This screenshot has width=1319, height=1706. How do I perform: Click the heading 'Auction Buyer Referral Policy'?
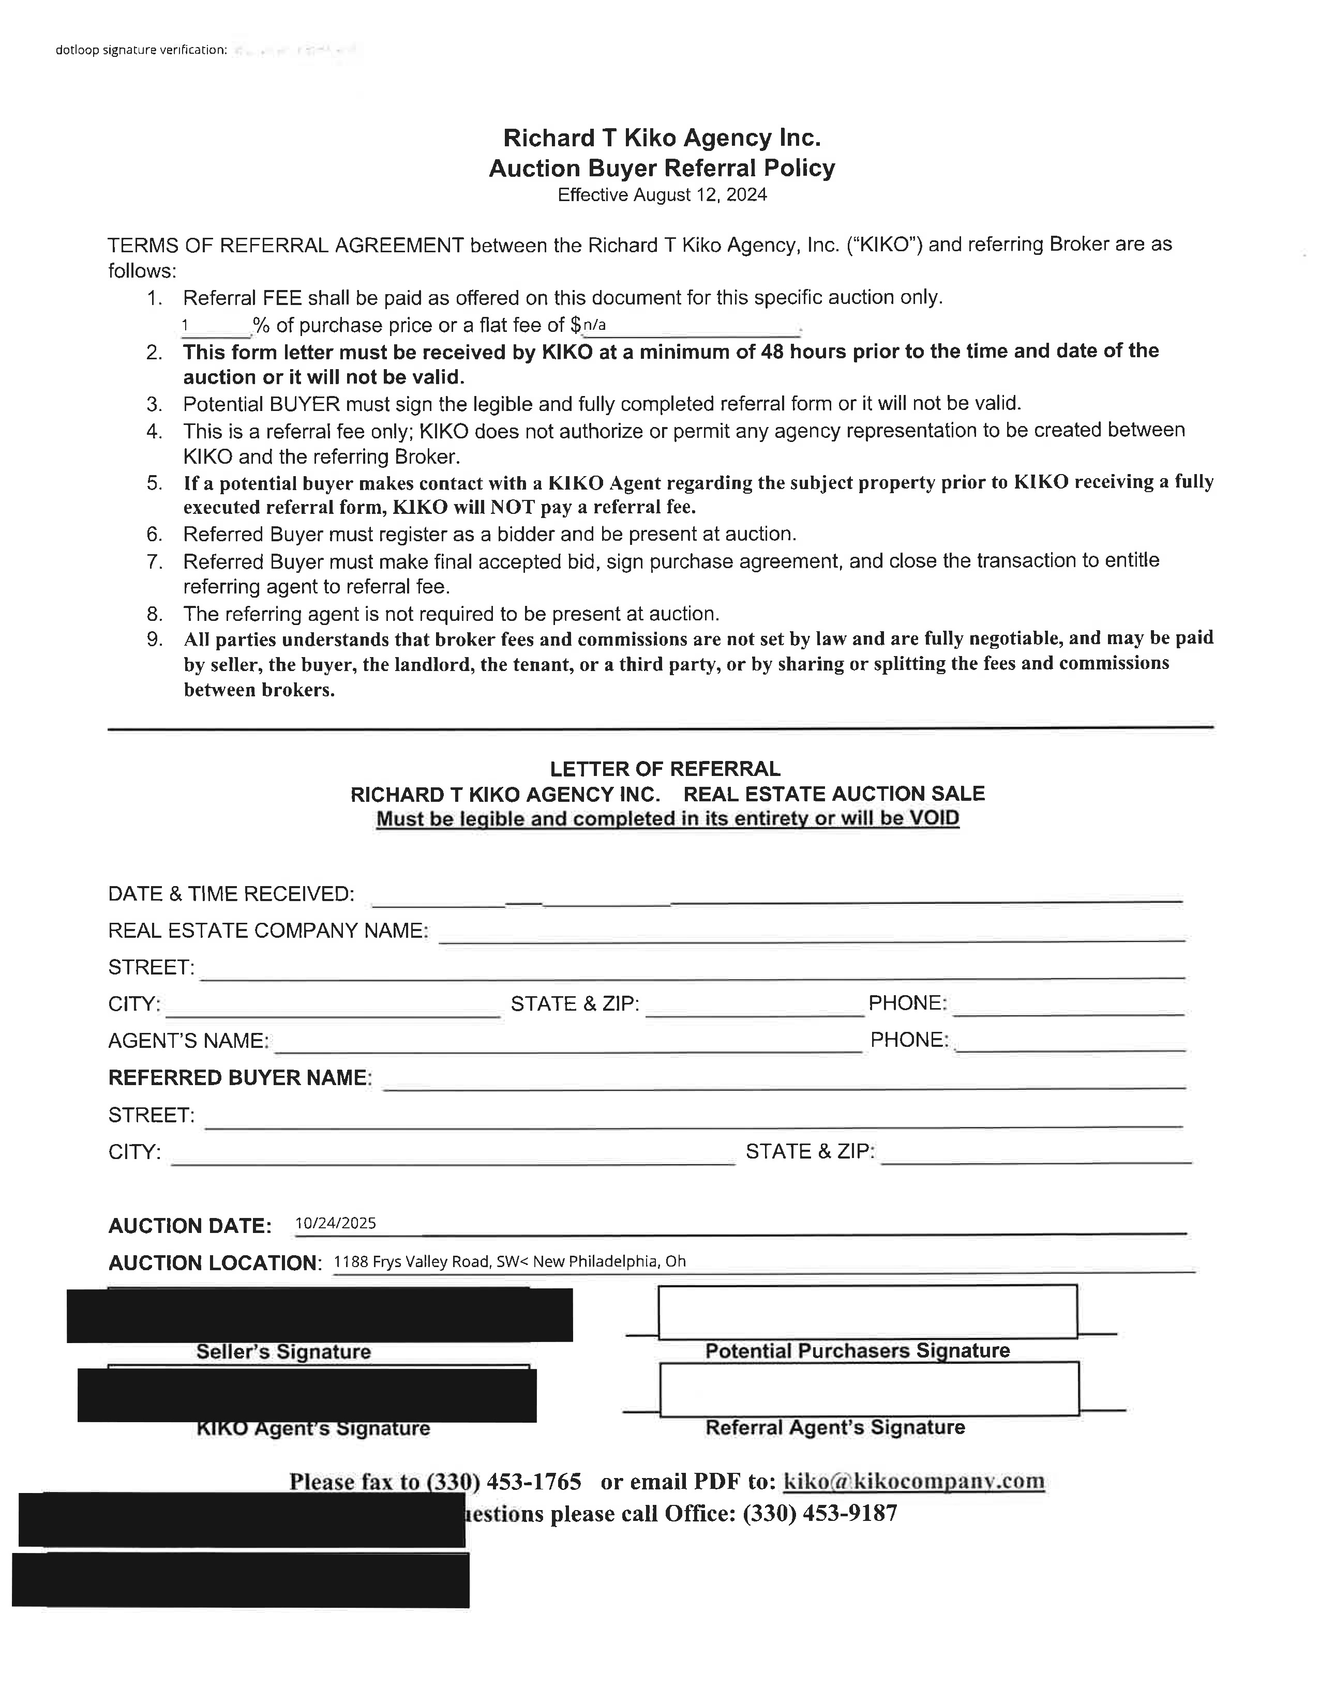[662, 168]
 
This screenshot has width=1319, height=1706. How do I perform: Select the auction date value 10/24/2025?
[335, 1223]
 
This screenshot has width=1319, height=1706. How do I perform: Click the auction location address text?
[509, 1261]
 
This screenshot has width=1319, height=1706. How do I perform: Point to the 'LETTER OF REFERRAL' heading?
[665, 769]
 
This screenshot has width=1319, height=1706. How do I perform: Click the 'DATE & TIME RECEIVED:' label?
[231, 894]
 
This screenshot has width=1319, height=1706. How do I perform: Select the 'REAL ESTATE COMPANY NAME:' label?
[268, 931]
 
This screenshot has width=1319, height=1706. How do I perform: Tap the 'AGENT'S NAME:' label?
[188, 1041]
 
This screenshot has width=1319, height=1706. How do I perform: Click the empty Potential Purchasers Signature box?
[867, 1312]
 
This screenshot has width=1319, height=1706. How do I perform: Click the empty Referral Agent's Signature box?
[869, 1389]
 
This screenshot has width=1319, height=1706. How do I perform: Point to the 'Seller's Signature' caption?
[283, 1352]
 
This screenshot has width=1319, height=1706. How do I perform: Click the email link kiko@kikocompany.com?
[913, 1481]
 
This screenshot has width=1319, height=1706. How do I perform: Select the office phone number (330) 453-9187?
[820, 1514]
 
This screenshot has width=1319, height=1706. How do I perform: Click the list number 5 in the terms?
[155, 483]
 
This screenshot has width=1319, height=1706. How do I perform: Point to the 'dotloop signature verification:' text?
[141, 50]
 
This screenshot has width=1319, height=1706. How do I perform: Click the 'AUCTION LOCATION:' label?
[215, 1263]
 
